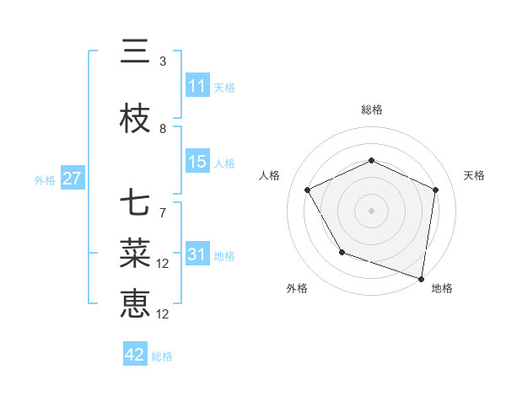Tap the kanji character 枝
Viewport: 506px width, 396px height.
pos(135,120)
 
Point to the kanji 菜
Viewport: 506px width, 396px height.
pos(135,252)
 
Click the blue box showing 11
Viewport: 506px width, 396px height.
pos(197,86)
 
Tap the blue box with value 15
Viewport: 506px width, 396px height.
pos(197,162)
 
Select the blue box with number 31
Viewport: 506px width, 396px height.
pos(197,255)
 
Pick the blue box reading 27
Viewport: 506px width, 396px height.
pos(72,179)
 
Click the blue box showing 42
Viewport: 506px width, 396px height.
pos(135,355)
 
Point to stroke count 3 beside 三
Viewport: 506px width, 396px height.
pos(163,61)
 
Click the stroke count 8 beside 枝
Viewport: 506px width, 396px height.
pos(163,129)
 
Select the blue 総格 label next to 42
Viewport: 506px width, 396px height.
pos(162,356)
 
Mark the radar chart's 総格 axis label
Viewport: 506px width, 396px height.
pos(372,110)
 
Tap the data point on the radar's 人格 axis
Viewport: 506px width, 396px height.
pos(308,190)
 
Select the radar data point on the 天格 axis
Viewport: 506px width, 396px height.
pos(436,190)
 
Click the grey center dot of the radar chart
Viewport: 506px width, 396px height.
pos(372,210)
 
